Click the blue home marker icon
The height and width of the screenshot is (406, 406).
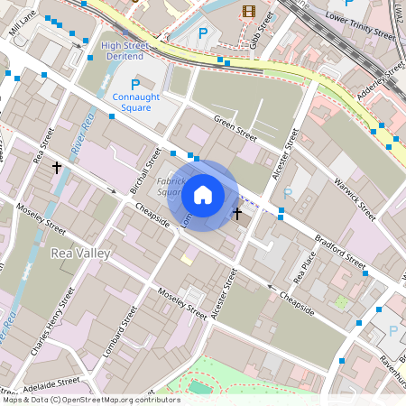203,195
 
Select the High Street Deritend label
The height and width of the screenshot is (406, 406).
126,50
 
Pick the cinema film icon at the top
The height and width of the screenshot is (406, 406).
249,13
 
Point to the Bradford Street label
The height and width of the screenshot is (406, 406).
340,254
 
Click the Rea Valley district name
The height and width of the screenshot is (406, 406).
80,254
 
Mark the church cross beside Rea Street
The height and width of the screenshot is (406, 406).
57,168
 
